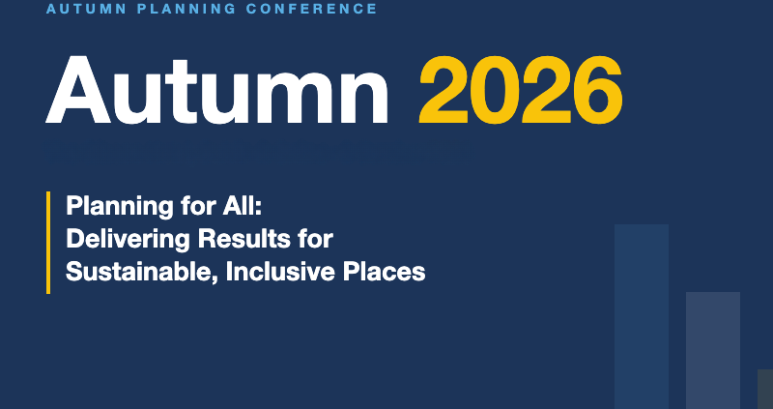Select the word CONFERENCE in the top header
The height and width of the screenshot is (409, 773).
tap(311, 9)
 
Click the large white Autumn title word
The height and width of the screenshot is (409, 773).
tap(217, 89)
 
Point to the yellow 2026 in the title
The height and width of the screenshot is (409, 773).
tap(521, 89)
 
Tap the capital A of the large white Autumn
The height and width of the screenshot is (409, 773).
tap(78, 89)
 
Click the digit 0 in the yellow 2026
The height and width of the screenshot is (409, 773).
tap(496, 89)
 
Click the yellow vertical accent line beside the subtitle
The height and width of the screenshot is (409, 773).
tap(48, 243)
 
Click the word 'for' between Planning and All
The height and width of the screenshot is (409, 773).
tap(195, 205)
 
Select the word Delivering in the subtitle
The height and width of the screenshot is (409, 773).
tap(128, 239)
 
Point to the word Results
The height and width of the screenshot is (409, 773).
tap(244, 239)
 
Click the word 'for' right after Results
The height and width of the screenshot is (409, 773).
tap(316, 239)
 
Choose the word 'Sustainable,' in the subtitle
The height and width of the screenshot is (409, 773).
tap(142, 273)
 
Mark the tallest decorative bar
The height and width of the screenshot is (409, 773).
tap(642, 317)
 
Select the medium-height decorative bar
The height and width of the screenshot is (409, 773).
tap(713, 350)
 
